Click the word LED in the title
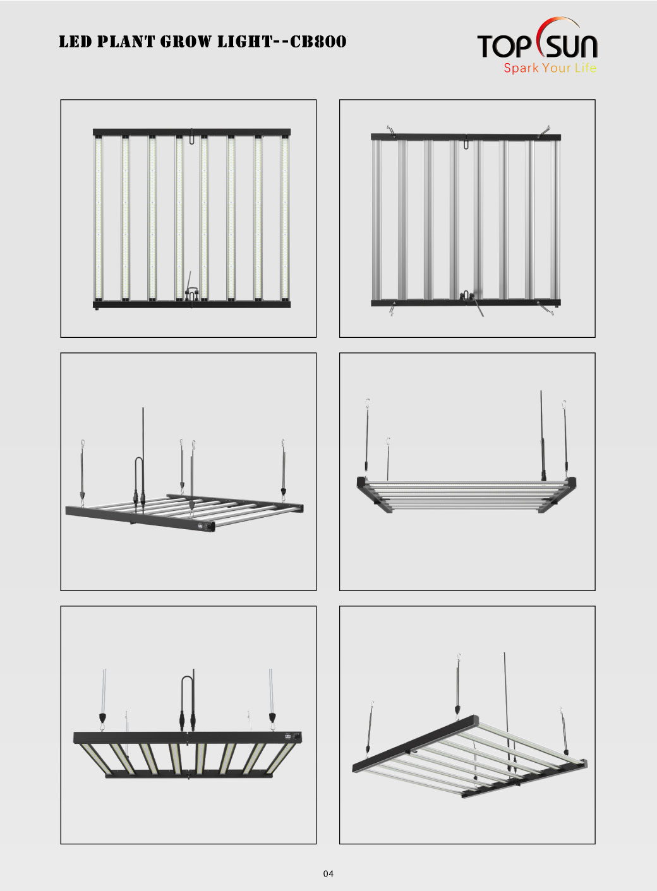coord(75,42)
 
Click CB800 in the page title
coord(318,42)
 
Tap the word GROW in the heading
coord(186,42)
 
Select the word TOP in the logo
coord(504,46)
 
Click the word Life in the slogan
coord(586,68)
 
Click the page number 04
coord(328,873)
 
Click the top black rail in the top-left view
coord(191,132)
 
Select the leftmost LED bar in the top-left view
coord(99,218)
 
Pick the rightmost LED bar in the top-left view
coord(284,218)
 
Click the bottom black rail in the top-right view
coord(466,302)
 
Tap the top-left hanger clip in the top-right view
coord(391,132)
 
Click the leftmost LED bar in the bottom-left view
coord(97,759)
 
